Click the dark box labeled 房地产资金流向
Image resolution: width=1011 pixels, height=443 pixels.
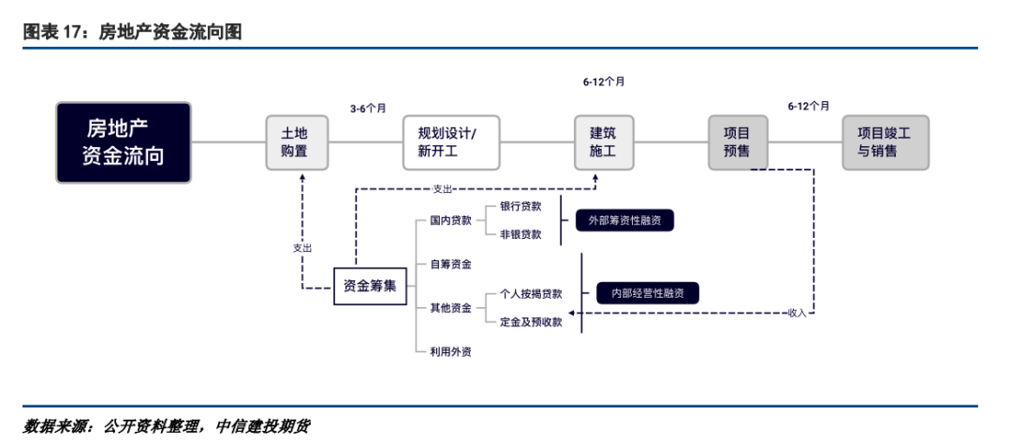(x=124, y=142)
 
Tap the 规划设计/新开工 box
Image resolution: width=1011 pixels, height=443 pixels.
(x=451, y=142)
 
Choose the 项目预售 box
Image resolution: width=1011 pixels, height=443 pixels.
(x=737, y=142)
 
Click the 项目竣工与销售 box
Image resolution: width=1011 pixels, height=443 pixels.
(x=886, y=142)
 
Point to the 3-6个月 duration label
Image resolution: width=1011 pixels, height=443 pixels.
(x=368, y=109)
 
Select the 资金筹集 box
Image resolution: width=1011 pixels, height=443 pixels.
(x=370, y=286)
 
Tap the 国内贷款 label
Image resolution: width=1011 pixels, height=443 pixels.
(x=450, y=221)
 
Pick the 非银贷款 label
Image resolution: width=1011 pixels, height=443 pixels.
(x=520, y=235)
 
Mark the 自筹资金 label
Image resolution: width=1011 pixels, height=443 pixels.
(x=450, y=265)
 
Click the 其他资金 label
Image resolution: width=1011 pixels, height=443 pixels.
(x=450, y=307)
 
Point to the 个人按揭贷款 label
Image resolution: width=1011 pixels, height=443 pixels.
(x=531, y=293)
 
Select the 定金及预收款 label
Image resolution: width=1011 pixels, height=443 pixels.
(x=531, y=321)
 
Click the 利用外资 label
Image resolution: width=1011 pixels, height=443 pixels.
(x=450, y=351)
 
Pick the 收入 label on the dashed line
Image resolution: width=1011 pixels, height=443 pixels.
(x=797, y=312)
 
